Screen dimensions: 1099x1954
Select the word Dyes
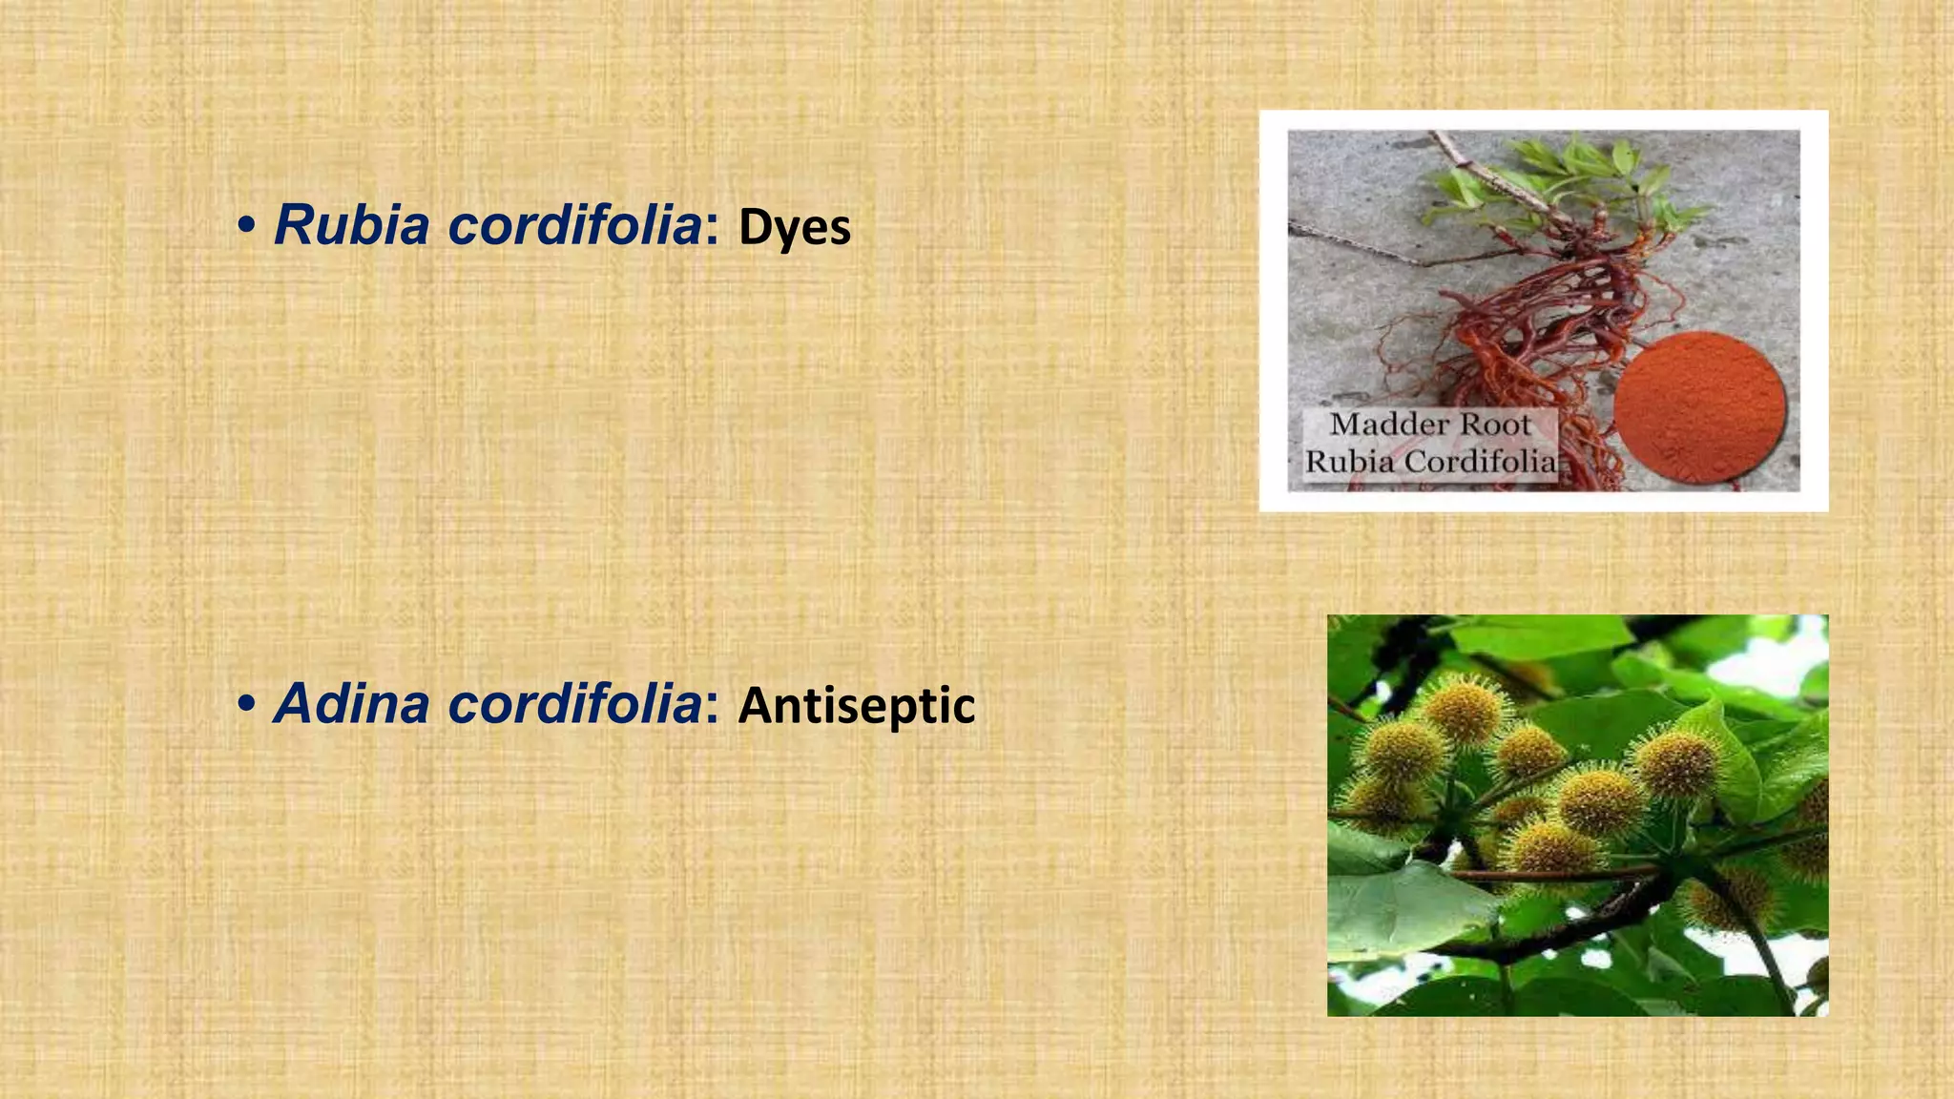[x=794, y=228]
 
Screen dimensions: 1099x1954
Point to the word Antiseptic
[x=856, y=706]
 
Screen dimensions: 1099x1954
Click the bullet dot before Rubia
[x=247, y=227]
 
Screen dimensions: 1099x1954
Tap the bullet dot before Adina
[x=247, y=705]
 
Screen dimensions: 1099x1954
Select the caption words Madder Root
[x=1429, y=425]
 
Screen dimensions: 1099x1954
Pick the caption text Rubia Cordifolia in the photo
[x=1429, y=462]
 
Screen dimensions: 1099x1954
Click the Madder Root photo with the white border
[x=1543, y=311]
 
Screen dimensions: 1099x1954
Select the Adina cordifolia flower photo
[x=1577, y=815]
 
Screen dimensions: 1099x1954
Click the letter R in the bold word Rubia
[x=297, y=226]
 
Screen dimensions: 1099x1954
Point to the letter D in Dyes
[x=754, y=228]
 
